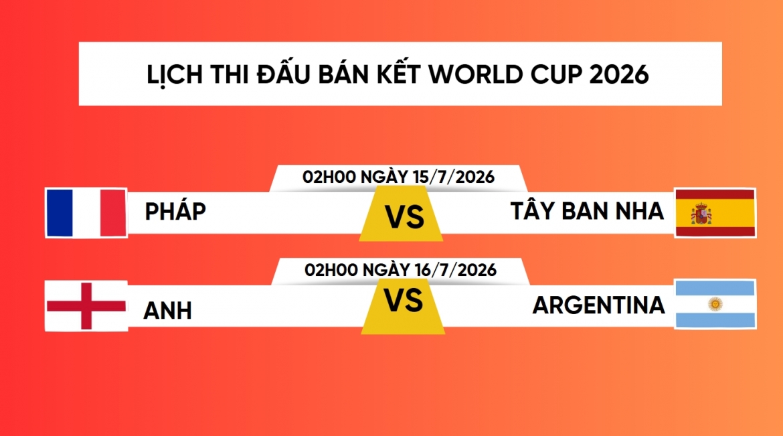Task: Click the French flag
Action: tap(86, 212)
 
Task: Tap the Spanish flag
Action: tap(715, 212)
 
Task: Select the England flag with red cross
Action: tap(86, 305)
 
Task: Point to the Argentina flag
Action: tap(715, 304)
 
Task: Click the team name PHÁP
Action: tap(175, 210)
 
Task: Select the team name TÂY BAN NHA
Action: tap(588, 210)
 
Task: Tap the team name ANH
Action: tap(167, 311)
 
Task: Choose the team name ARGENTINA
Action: tap(599, 305)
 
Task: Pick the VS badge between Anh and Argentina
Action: tap(403, 306)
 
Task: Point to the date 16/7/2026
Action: tap(456, 270)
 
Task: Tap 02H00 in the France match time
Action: tap(329, 177)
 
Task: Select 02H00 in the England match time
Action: tap(331, 270)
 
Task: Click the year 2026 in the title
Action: tap(619, 74)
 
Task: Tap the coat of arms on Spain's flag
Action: tap(701, 214)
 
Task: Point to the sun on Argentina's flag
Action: tap(715, 303)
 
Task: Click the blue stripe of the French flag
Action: tap(60, 212)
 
